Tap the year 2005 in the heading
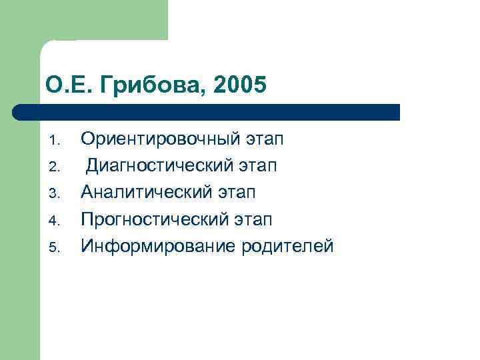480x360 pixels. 241,85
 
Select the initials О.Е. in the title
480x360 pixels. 64,85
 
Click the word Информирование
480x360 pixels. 150,246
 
